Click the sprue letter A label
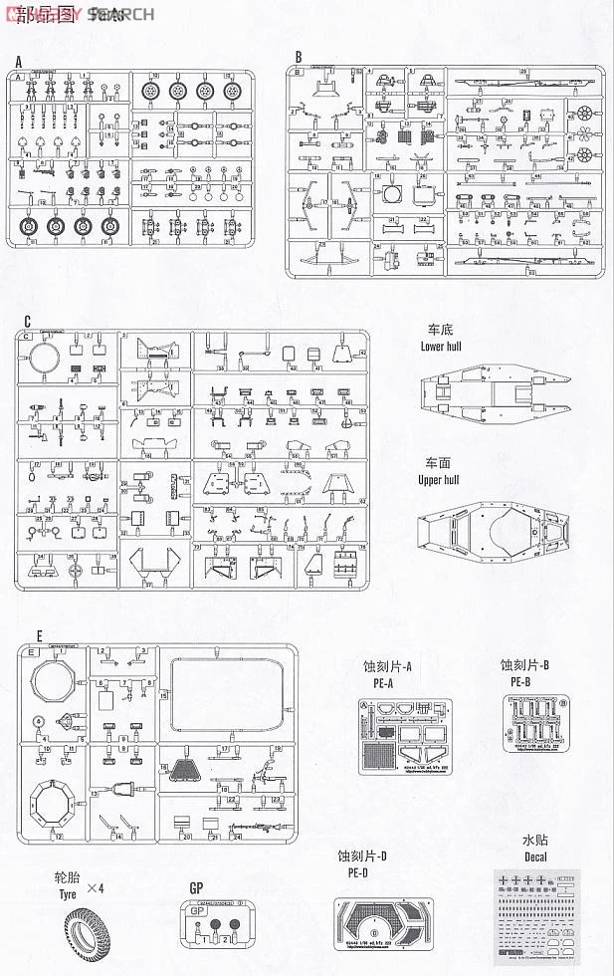coord(18,61)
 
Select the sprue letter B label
coord(297,56)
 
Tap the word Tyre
coord(68,896)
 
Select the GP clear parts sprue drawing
coord(213,929)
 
